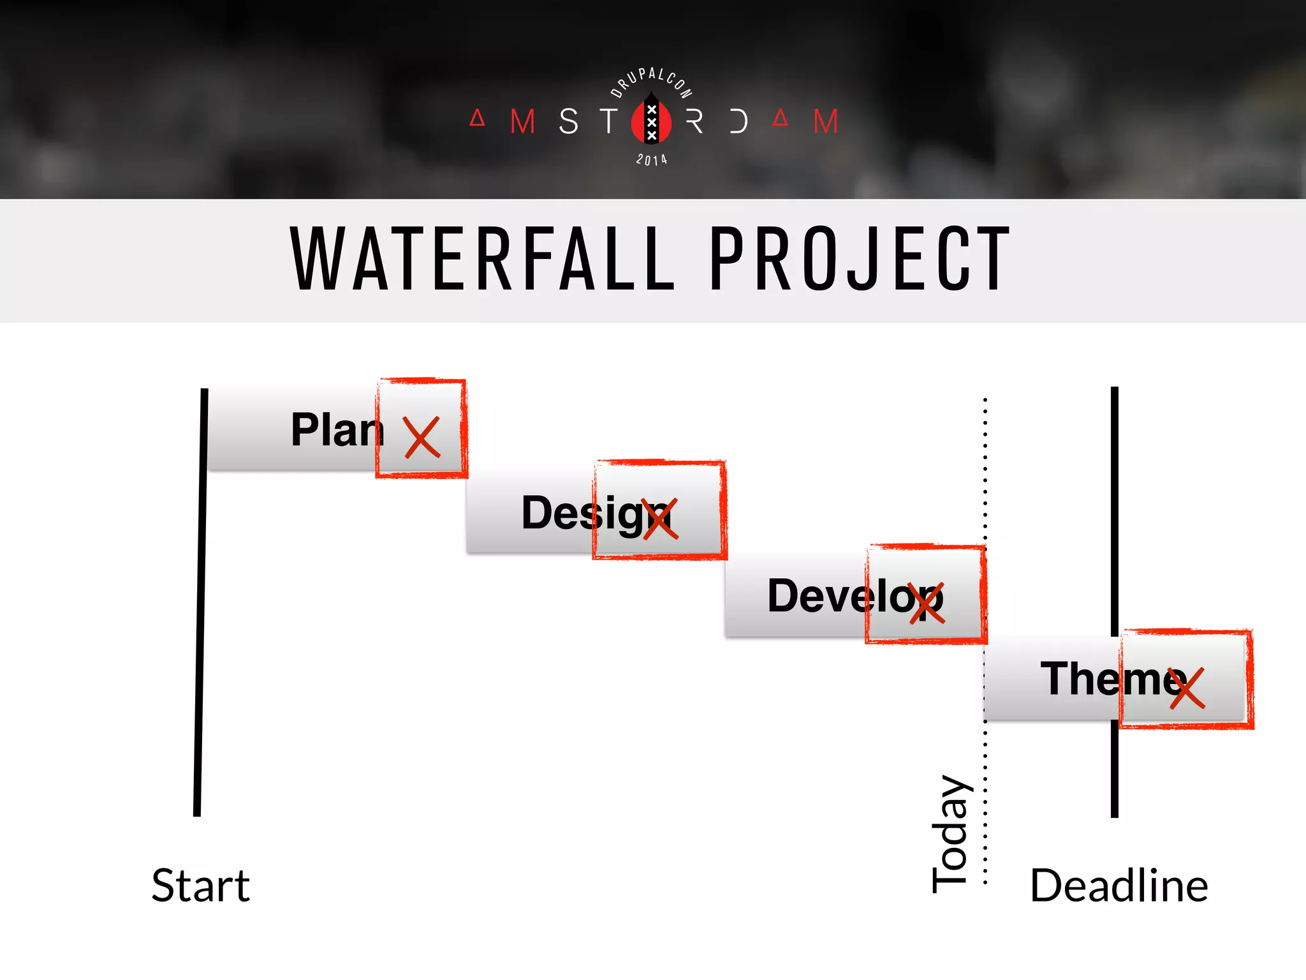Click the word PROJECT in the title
pos(860,260)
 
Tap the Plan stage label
pos(337,430)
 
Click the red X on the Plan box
pos(422,438)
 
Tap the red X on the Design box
pos(660,519)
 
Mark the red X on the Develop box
pos(927,603)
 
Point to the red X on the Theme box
pos(1187,688)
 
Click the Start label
pos(201,886)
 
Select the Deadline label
pos(1119,886)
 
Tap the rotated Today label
pos(951,834)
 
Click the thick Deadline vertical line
pos(1115,510)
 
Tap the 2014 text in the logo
pos(651,160)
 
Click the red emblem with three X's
pos(651,121)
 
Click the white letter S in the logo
pos(568,121)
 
